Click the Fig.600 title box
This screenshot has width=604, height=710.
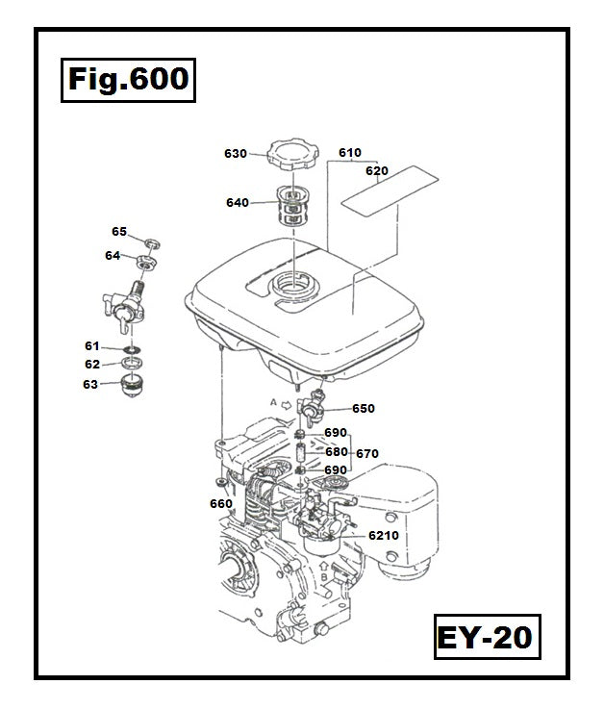pos(127,79)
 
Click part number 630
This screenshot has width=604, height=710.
pos(236,154)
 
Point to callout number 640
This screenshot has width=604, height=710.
pos(237,203)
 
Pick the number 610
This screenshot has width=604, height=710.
pos(349,153)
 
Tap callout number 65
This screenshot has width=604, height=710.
pos(119,232)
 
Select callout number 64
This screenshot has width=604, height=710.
pos(113,256)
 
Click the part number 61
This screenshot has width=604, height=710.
pos(92,345)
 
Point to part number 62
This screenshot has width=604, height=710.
pos(92,365)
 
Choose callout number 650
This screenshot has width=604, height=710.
pos(363,409)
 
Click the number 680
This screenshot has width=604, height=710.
pos(336,451)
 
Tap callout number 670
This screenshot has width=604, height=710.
pos(367,453)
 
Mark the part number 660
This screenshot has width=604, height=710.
pos(220,503)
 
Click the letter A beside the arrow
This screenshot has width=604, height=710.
pos(274,402)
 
